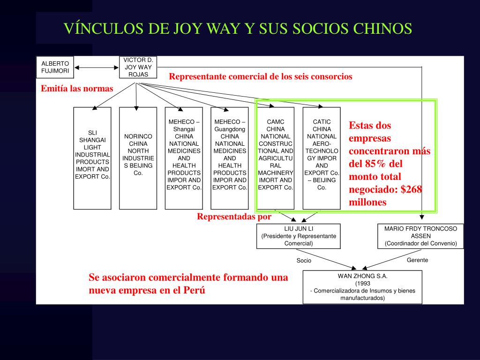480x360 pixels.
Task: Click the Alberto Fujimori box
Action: tap(55, 67)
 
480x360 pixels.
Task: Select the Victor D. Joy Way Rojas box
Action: tap(138, 67)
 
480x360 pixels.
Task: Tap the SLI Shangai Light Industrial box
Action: tap(92, 158)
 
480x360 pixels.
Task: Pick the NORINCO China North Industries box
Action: tap(138, 158)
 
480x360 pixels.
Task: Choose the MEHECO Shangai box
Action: tap(184, 158)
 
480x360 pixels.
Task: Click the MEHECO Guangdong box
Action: tap(230, 158)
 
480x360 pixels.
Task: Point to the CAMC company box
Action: tap(276, 158)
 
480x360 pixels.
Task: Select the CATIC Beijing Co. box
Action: tap(322, 158)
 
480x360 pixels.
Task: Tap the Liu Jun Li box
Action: tap(299, 236)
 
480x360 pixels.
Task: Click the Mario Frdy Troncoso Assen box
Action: tap(420, 236)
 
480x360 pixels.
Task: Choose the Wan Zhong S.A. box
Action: tap(362, 287)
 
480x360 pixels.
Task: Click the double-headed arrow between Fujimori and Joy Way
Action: tap(97, 68)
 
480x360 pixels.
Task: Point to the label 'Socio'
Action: tap(304, 261)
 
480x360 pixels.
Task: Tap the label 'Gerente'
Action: tap(417, 260)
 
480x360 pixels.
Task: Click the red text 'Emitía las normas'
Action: tap(77, 89)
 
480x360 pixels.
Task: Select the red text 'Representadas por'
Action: tap(234, 217)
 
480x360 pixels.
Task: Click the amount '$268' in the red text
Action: tap(411, 189)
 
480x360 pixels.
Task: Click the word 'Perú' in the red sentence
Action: tap(194, 290)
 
